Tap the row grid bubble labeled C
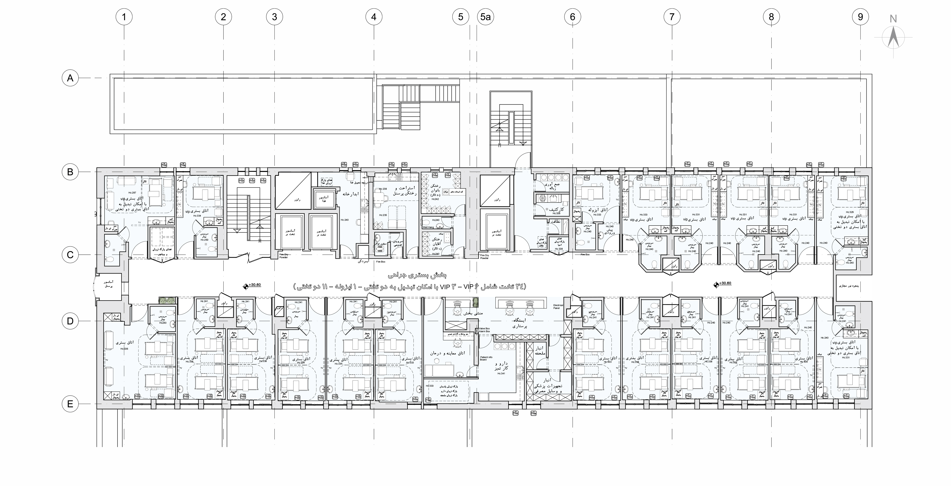click(x=70, y=255)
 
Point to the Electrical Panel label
click(x=558, y=306)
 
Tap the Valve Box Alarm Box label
click(x=484, y=330)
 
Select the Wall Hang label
click(x=428, y=227)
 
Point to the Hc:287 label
click(x=132, y=193)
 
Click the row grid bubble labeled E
click(x=70, y=404)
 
